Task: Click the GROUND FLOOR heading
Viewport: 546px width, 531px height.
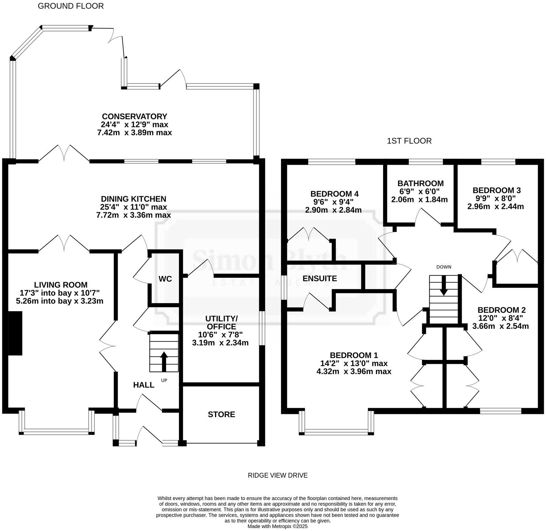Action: tap(70, 6)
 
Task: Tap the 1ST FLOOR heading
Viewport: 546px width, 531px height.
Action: tap(409, 141)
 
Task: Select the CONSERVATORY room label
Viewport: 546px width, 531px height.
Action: tap(134, 116)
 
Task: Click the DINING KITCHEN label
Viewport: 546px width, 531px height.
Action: tap(134, 199)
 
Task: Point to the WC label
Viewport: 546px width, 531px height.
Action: tap(165, 279)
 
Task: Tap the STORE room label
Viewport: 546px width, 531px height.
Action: tap(221, 414)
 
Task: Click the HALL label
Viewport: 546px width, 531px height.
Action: tap(144, 385)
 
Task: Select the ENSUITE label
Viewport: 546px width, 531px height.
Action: tap(320, 279)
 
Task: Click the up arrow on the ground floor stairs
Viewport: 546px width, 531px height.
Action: tap(164, 361)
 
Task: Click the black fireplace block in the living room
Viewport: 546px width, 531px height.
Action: tap(15, 333)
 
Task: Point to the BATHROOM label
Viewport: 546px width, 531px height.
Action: tap(420, 183)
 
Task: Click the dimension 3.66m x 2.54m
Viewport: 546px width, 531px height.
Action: tap(500, 326)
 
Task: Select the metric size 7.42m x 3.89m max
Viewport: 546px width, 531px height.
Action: tap(134, 132)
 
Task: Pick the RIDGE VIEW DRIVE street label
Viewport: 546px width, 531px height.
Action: tap(277, 475)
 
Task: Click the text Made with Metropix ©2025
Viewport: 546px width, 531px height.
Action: tap(277, 526)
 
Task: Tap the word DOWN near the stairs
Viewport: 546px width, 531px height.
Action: tap(444, 267)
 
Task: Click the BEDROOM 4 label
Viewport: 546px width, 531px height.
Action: tap(334, 194)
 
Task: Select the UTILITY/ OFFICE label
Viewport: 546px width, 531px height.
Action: tap(221, 323)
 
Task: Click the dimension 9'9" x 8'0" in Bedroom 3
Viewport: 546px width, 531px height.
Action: tap(497, 198)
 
